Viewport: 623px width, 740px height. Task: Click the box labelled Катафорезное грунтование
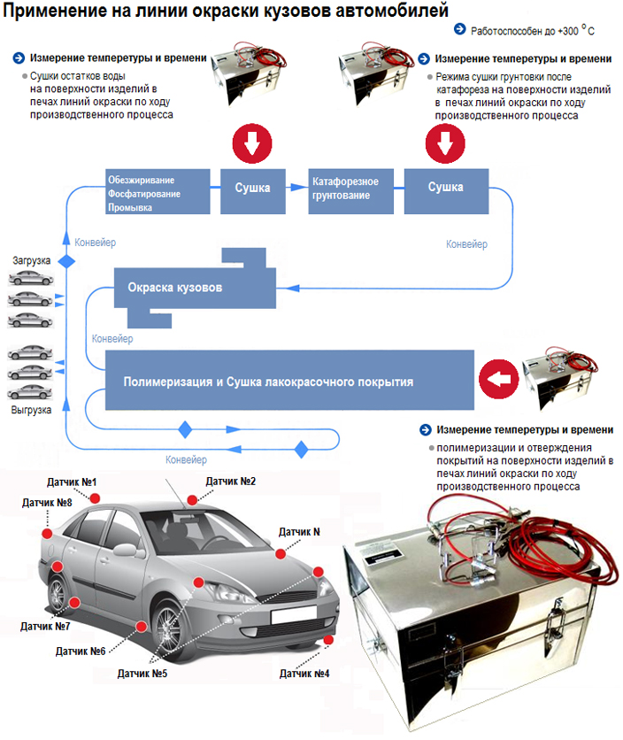350,191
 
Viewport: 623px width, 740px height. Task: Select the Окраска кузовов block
195,288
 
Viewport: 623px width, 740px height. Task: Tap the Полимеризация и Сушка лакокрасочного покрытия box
289,380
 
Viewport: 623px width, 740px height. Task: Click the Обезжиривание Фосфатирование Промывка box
158,191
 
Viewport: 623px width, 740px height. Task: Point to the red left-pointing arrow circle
498,379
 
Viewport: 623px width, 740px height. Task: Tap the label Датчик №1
72,482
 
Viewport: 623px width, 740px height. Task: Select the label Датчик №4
304,674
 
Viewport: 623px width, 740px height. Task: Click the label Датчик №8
47,503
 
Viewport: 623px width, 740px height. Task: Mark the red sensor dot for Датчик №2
192,500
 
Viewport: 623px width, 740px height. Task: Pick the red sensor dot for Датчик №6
141,627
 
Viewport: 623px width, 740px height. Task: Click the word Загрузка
31,260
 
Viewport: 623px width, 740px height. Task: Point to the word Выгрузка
31,410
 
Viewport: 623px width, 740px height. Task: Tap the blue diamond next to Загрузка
66,261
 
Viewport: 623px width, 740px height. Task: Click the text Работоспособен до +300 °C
533,30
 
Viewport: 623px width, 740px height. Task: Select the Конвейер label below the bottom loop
186,459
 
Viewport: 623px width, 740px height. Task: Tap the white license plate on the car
294,614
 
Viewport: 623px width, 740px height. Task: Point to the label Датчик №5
142,674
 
